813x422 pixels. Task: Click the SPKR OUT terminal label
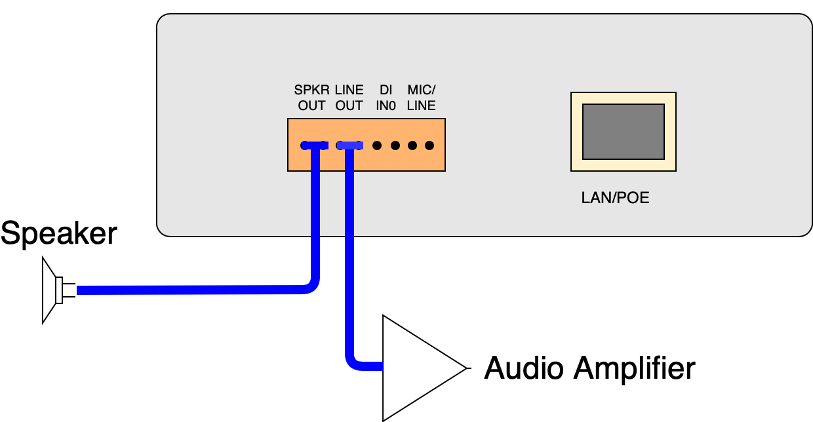[311, 98]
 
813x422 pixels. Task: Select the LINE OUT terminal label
[349, 98]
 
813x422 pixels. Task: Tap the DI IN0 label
[386, 98]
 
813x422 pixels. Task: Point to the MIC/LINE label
[421, 98]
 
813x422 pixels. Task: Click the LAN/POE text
[615, 198]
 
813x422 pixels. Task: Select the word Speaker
[59, 234]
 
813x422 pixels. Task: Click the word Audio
[523, 368]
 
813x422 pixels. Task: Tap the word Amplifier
[634, 368]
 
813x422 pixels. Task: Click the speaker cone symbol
[48, 290]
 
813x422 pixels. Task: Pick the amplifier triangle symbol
[413, 368]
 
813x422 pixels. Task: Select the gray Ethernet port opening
[623, 132]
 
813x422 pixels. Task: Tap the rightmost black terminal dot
[429, 145]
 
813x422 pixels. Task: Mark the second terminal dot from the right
[412, 145]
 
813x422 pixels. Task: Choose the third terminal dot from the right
[395, 145]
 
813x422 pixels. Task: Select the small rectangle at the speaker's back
[60, 290]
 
